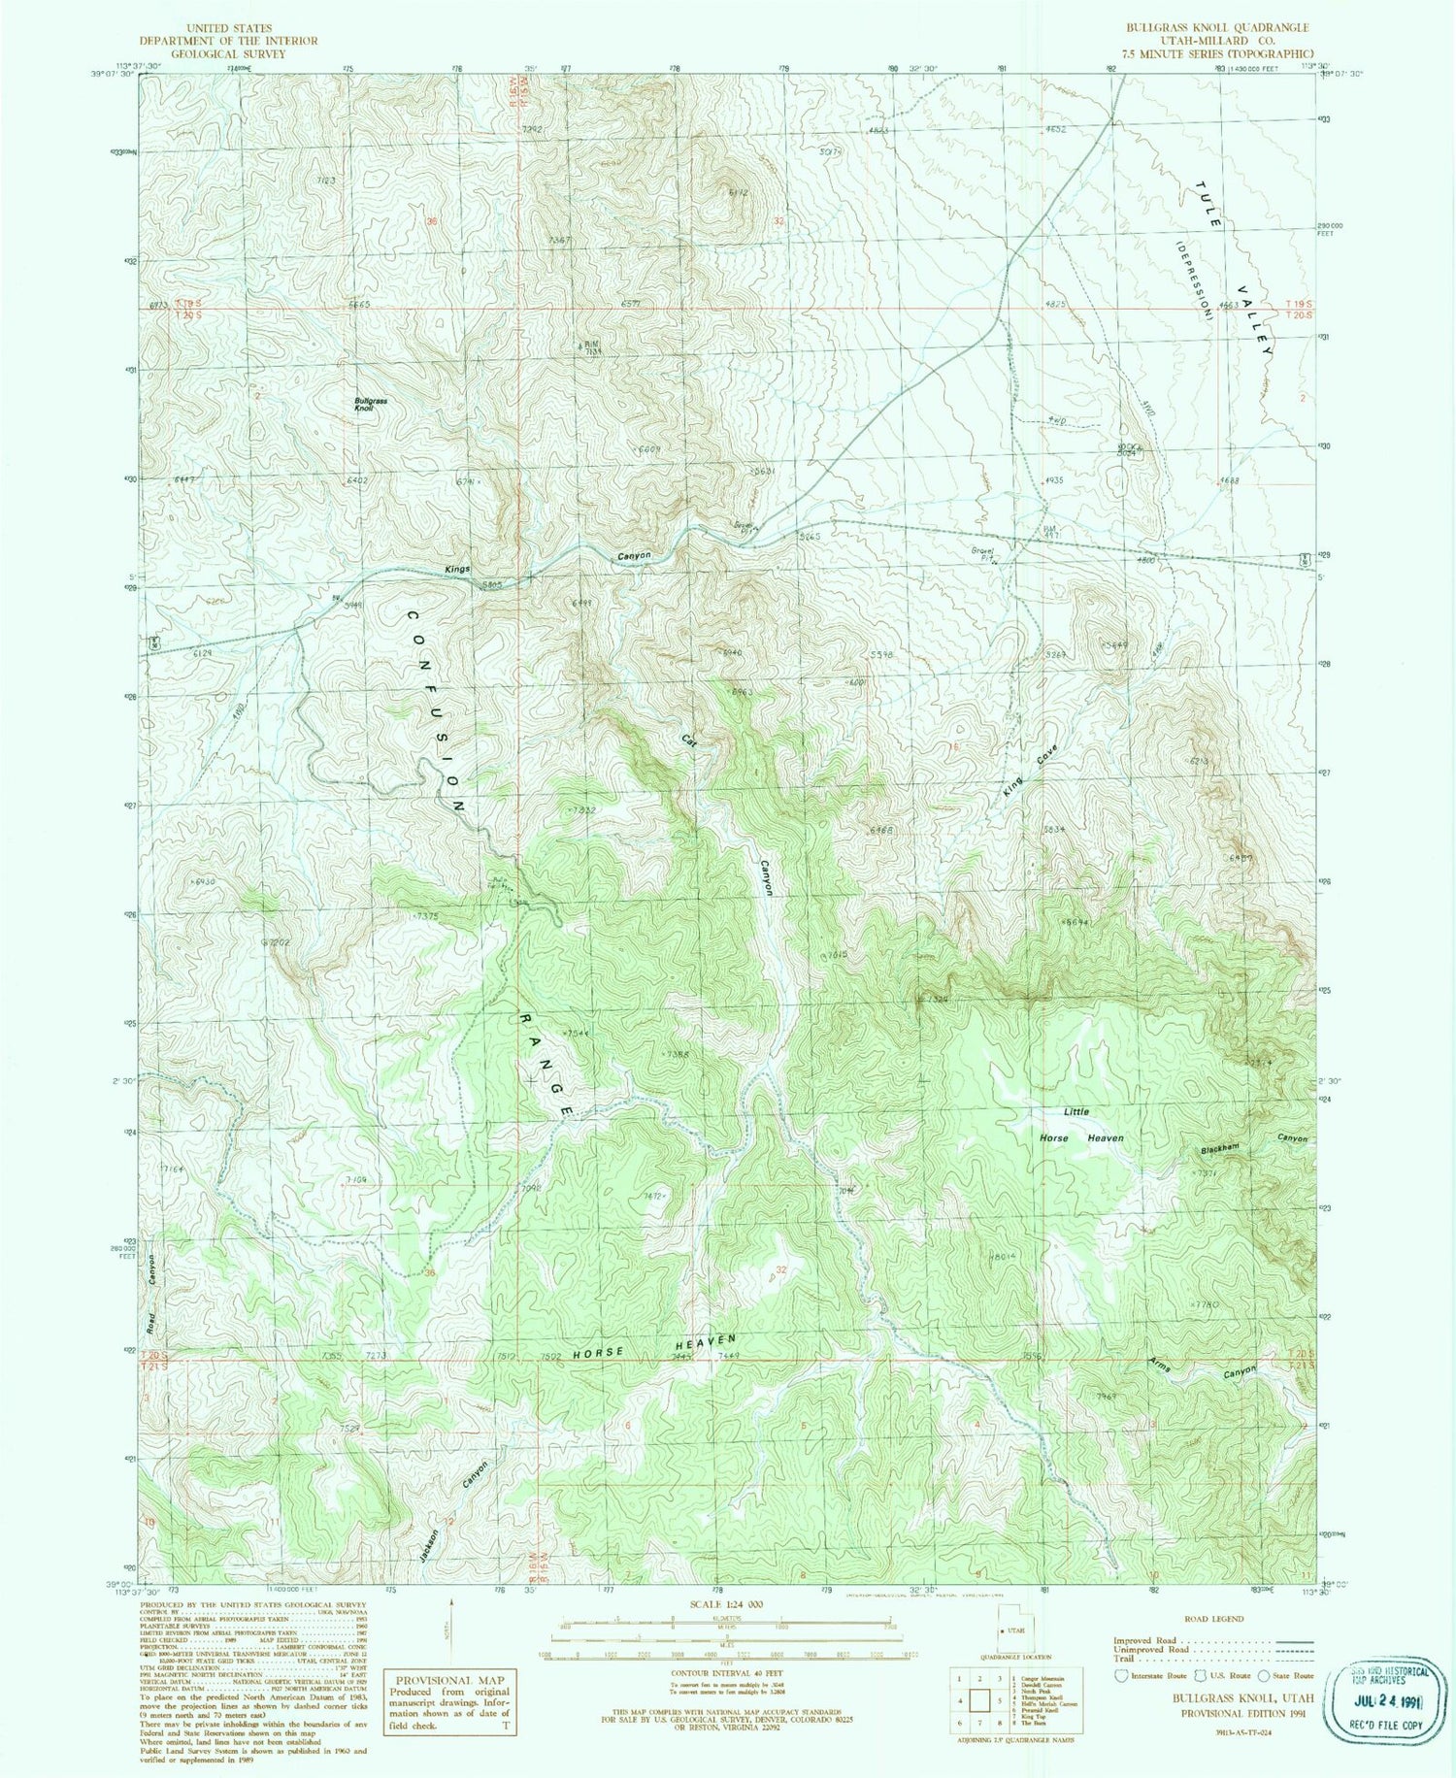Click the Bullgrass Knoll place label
click(370, 405)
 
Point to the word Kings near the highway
click(457, 570)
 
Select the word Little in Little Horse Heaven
click(1075, 1111)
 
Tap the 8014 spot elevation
click(1002, 1257)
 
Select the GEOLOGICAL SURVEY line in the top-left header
click(227, 54)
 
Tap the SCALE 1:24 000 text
click(718, 1604)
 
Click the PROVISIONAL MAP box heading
click(449, 1680)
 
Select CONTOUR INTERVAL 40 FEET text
click(718, 1672)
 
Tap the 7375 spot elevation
click(427, 915)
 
